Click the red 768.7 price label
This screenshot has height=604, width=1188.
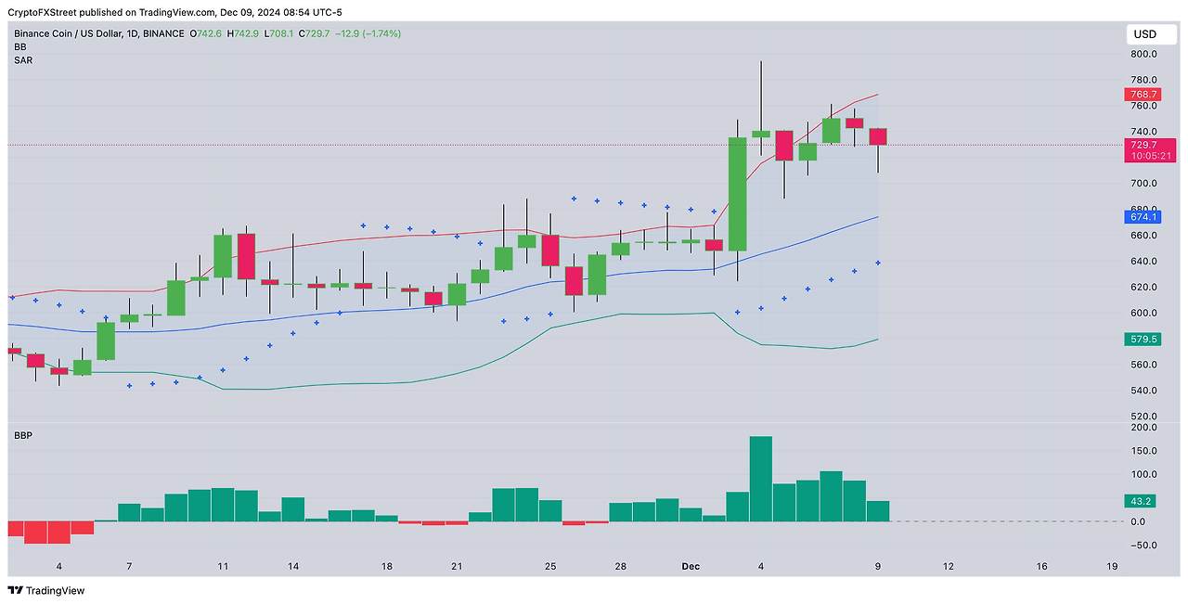1143,95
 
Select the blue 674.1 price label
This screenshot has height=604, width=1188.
1143,217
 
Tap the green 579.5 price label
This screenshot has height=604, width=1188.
1143,340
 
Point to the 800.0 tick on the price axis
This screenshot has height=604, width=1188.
1143,54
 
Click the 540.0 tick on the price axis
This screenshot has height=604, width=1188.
1143,391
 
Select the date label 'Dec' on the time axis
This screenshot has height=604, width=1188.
691,566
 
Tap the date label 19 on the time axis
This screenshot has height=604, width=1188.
1113,566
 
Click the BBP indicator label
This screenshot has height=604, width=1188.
23,434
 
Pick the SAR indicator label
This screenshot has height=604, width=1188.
23,59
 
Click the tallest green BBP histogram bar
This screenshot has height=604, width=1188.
761,479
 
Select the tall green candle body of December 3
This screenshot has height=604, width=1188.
738,194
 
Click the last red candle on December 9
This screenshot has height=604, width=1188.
878,136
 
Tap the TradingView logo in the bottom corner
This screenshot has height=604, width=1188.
46,590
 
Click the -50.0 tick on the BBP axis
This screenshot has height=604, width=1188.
1143,545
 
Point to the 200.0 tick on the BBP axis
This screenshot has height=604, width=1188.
1143,428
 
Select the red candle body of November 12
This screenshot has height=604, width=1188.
246,256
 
